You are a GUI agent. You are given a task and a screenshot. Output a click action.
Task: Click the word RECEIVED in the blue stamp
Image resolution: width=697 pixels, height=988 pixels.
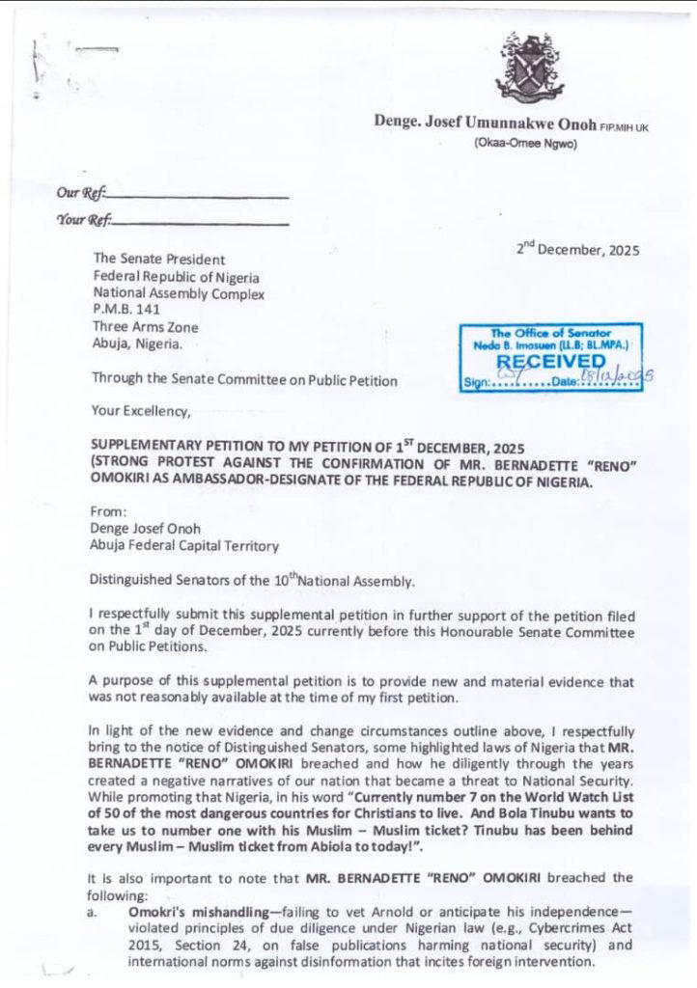551,361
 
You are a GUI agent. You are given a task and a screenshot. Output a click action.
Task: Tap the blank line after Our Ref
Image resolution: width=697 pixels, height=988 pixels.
197,196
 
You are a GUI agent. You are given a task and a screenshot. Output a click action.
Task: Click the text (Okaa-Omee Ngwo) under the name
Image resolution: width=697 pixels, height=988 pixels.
525,144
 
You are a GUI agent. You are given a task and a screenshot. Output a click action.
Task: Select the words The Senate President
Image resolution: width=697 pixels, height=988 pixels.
158,260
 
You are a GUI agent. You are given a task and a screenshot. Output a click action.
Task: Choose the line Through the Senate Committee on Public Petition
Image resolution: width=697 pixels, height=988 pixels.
244,380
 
